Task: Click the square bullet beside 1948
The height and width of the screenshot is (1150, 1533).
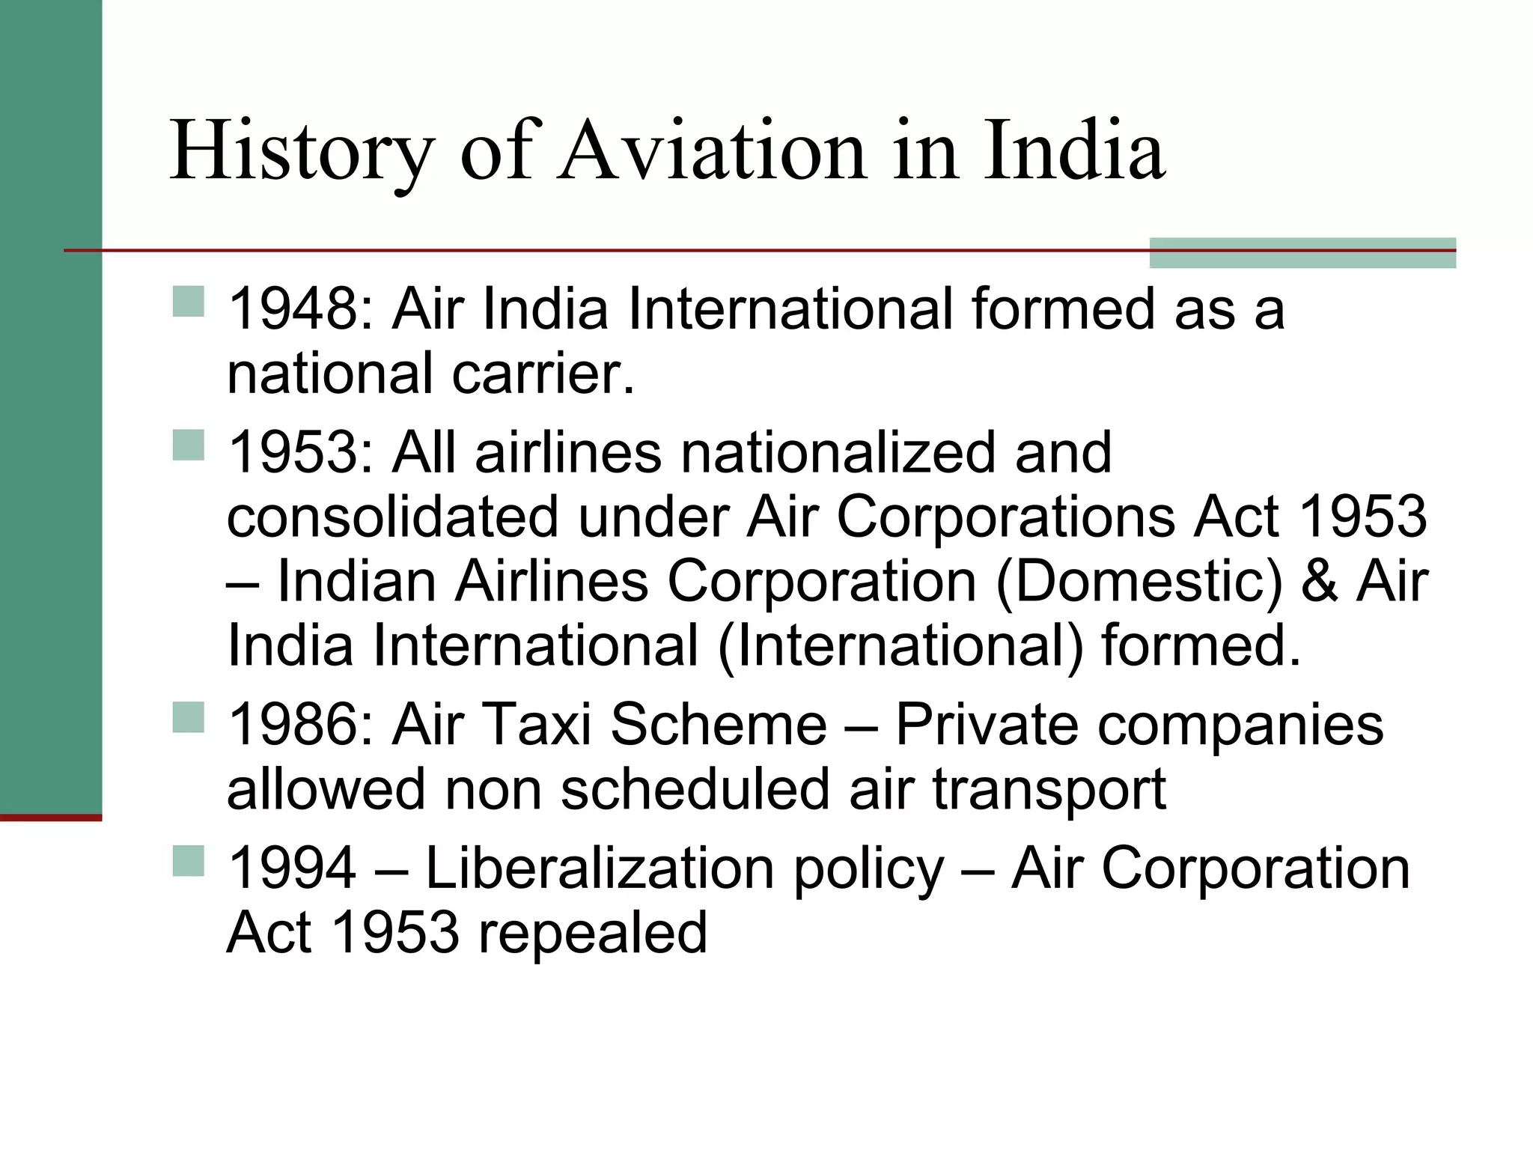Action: click(x=188, y=302)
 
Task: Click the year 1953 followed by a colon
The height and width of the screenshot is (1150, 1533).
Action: click(x=299, y=453)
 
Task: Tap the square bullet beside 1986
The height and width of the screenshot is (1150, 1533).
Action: click(x=188, y=717)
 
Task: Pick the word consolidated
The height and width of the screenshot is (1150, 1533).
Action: click(x=393, y=517)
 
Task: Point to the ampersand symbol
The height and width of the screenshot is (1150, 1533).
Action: click(x=1320, y=582)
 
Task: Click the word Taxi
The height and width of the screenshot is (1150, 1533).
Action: click(x=538, y=725)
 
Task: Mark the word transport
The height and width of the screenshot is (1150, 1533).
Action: click(x=1049, y=791)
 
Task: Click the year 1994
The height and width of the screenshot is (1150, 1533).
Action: click(x=293, y=868)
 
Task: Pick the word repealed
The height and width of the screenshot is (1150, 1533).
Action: click(x=592, y=933)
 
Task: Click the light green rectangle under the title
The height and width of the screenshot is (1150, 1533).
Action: click(x=1302, y=253)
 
